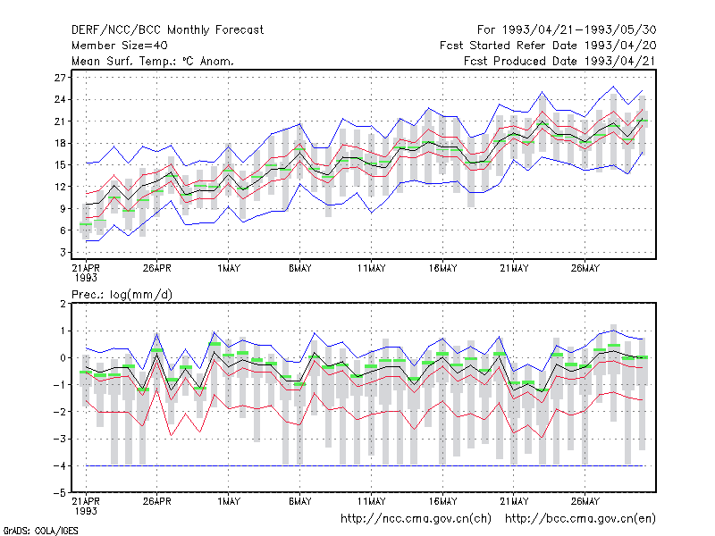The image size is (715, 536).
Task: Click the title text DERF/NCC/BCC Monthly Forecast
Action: click(167, 30)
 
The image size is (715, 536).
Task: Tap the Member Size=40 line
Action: click(120, 46)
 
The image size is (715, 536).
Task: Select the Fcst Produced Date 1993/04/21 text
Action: click(559, 61)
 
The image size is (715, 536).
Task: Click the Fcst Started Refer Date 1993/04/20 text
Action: click(548, 46)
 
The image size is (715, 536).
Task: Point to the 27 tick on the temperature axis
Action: click(60, 78)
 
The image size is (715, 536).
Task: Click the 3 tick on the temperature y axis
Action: click(63, 252)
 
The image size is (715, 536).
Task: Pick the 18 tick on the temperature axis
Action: click(60, 143)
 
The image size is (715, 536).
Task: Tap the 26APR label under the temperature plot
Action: click(157, 269)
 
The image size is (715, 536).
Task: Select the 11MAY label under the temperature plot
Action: click(371, 269)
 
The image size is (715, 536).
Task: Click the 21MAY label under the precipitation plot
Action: click(514, 501)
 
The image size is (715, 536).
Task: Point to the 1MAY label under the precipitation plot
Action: click(229, 501)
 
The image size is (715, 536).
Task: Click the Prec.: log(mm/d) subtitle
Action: click(122, 295)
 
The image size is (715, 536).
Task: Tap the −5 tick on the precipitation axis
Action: click(60, 493)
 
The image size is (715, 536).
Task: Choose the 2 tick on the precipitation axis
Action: click(63, 304)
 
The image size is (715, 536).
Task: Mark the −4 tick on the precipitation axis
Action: click(60, 465)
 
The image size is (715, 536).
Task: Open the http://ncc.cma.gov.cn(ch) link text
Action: click(416, 519)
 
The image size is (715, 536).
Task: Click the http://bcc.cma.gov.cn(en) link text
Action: click(580, 519)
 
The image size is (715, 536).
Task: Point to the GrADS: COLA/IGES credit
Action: click(40, 531)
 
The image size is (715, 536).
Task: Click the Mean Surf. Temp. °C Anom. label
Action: click(153, 61)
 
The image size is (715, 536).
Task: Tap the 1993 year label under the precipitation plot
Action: click(86, 511)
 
